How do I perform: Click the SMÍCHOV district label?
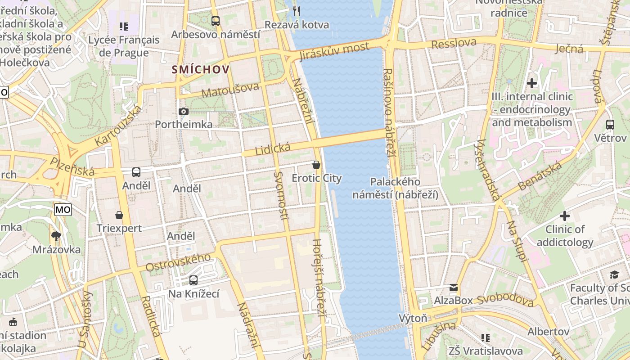[x=200, y=70]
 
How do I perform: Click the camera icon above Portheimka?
[x=183, y=111]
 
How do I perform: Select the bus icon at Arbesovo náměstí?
[x=216, y=21]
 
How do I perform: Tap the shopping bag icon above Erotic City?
[x=316, y=165]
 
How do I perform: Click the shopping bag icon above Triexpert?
[x=119, y=215]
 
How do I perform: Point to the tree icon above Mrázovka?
[x=56, y=236]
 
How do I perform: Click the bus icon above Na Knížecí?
[x=193, y=280]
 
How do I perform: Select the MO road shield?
[x=63, y=209]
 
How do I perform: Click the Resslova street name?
[x=454, y=44]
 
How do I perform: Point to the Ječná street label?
[x=569, y=48]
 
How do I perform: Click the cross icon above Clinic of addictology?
[x=565, y=216]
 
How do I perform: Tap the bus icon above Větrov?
[x=610, y=125]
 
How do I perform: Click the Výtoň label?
[x=413, y=318]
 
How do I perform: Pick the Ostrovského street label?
[x=178, y=262]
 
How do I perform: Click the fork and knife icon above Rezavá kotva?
[x=296, y=11]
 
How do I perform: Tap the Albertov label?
[x=549, y=332]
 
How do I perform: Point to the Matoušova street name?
[x=230, y=90]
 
